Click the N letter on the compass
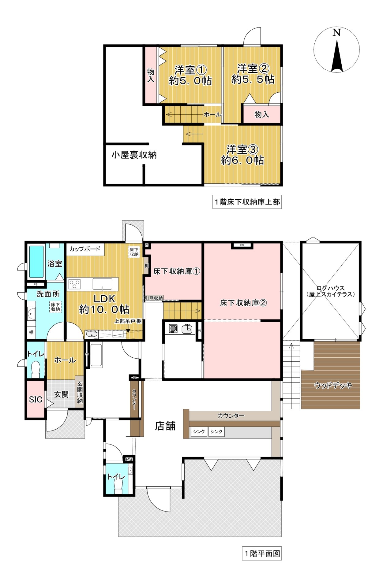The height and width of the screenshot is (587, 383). [x=336, y=32]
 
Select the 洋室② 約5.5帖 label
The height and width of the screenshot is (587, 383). [x=253, y=74]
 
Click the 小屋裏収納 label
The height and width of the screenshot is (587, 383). [x=134, y=155]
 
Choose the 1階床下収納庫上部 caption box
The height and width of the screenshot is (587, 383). [x=247, y=202]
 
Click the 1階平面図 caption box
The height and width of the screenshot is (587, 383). [x=262, y=553]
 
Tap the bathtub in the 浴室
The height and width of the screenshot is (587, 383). [x=36, y=262]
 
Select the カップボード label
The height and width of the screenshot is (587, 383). [x=84, y=249]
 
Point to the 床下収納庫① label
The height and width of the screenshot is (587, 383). [x=176, y=271]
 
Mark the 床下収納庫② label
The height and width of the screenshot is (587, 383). [x=243, y=303]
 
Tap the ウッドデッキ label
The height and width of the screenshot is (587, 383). [x=333, y=385]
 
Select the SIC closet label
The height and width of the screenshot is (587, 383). [x=36, y=400]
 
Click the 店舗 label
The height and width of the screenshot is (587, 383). [x=165, y=426]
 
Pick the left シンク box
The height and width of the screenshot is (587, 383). [x=199, y=431]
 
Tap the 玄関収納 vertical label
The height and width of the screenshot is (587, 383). [x=80, y=392]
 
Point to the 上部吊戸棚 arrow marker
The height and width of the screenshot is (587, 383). [x=128, y=330]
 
